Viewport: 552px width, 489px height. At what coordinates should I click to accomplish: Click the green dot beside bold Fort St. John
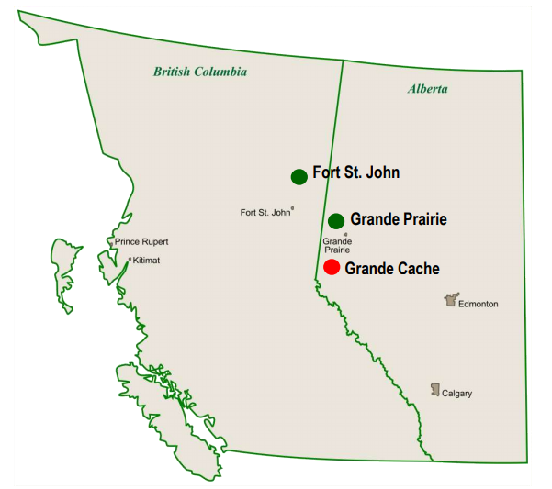click(x=299, y=176)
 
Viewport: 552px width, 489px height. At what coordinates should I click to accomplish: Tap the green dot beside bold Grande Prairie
click(x=336, y=220)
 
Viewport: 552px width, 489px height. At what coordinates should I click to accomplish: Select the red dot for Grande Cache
click(x=332, y=267)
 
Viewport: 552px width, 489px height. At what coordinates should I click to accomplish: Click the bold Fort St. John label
click(x=355, y=172)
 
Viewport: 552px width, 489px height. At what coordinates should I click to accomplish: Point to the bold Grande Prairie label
click(x=398, y=220)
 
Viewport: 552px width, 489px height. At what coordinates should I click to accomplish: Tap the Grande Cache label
click(x=391, y=268)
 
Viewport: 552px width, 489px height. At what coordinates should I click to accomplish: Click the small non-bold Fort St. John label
click(x=265, y=212)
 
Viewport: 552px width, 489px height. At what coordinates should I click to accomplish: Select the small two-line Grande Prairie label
click(x=336, y=245)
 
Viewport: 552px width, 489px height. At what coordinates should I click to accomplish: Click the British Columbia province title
click(x=200, y=72)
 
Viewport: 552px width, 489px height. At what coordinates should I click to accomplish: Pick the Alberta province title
click(x=428, y=89)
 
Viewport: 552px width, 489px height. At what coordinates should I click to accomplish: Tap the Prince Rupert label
click(x=141, y=242)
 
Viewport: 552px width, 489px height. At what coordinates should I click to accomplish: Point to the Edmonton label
click(x=478, y=304)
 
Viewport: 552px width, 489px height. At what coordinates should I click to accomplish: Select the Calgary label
click(x=456, y=394)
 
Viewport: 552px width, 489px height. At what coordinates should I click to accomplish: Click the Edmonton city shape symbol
click(x=450, y=300)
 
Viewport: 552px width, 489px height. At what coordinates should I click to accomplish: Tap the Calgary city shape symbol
click(x=435, y=390)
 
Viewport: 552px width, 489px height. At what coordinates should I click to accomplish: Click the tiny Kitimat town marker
click(x=130, y=261)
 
